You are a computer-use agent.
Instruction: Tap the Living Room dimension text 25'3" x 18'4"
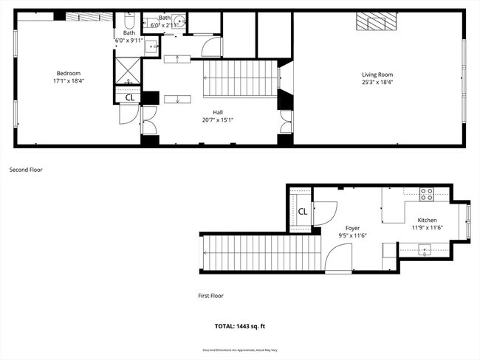click(377, 83)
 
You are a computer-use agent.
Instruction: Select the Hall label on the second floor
click(218, 112)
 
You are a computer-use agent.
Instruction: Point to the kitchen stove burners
click(427, 195)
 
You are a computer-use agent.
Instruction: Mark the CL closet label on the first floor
click(303, 212)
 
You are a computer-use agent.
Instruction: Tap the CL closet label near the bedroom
click(129, 97)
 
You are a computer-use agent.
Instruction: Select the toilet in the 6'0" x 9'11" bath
click(129, 21)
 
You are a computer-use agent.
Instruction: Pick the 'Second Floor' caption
click(26, 170)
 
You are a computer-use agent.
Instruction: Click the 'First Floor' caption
click(210, 296)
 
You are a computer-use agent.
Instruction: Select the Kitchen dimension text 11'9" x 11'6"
click(427, 228)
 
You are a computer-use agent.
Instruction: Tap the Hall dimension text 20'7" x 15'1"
click(218, 120)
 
